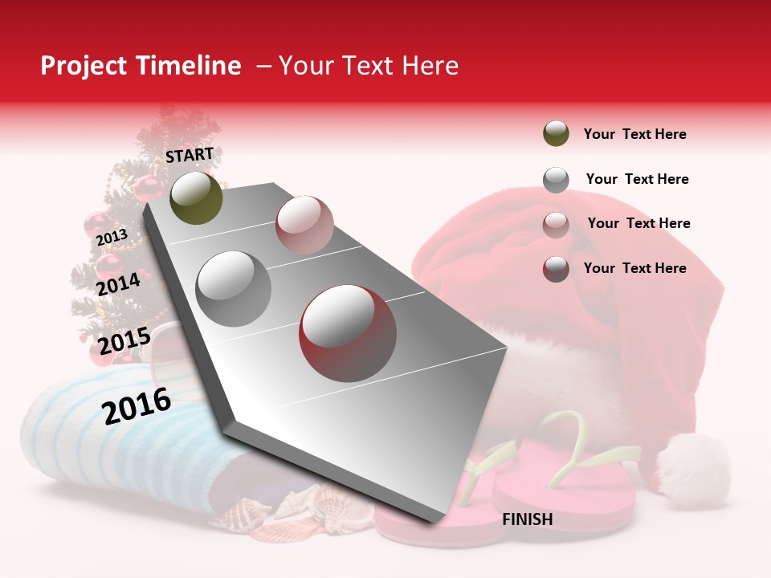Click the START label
point(190,155)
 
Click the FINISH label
point(528,519)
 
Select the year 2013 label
point(112,237)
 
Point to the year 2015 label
point(124,341)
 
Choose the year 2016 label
point(137,405)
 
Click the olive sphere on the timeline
point(196,197)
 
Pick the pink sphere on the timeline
point(304,224)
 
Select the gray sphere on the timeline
point(234,288)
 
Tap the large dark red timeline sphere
point(348,333)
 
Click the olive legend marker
point(556,134)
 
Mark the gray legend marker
point(556,180)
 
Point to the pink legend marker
point(556,224)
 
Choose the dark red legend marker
point(556,269)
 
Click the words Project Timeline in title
point(141,66)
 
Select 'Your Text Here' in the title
point(369,66)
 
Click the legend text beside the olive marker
point(634,134)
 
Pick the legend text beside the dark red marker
point(634,268)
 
